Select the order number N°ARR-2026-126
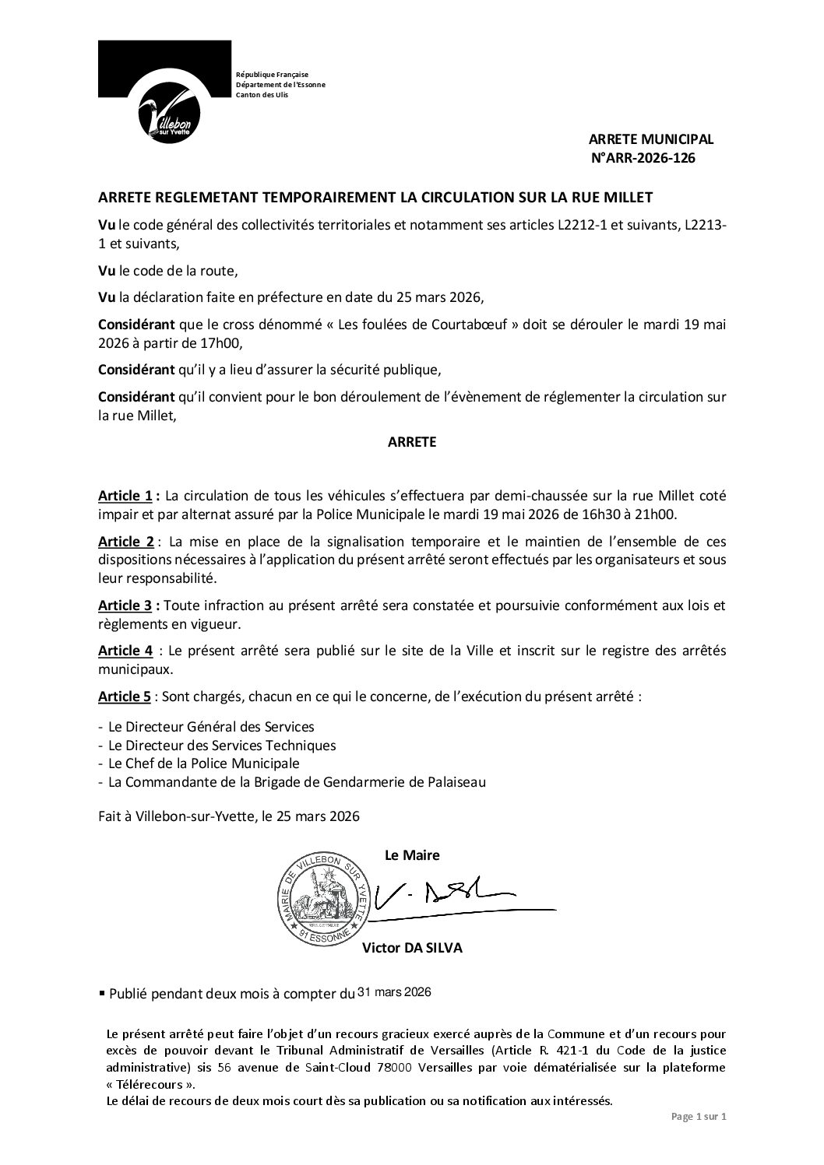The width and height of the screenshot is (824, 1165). point(643,158)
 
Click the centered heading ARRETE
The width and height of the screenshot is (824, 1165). point(412,442)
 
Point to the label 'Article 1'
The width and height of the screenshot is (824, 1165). point(128,496)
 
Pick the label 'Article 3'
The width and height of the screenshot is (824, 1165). point(128,605)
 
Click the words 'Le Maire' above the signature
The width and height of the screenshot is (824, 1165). point(412,855)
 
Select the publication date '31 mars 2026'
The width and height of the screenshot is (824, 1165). point(393,992)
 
